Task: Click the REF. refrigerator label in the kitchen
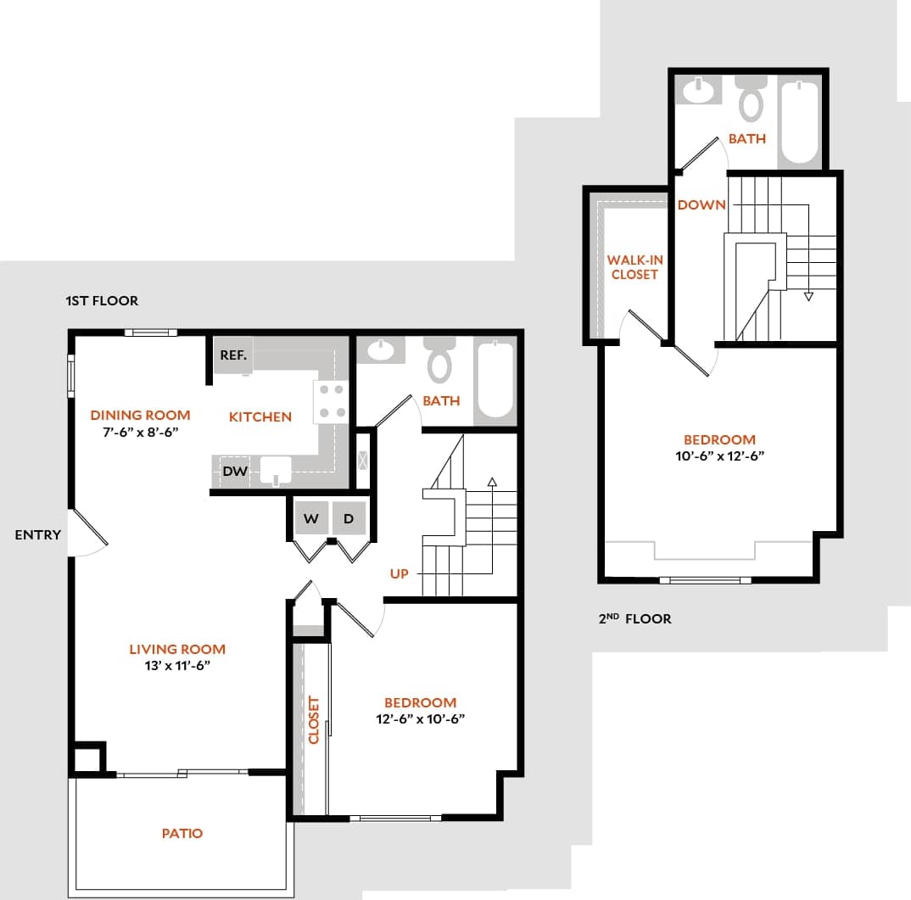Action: (x=233, y=355)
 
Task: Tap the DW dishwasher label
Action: (x=235, y=472)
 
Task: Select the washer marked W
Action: (x=311, y=519)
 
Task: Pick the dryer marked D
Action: (x=348, y=519)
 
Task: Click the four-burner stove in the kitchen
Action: (x=332, y=401)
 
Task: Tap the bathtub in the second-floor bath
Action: (x=799, y=120)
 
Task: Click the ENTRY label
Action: (x=38, y=535)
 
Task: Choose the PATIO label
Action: (x=182, y=834)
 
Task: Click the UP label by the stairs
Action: (x=400, y=574)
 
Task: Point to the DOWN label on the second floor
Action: (x=701, y=204)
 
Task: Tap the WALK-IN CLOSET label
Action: (x=634, y=267)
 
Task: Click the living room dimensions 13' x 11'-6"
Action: (x=177, y=666)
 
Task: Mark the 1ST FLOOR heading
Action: (x=102, y=301)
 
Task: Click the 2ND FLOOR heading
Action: (x=635, y=619)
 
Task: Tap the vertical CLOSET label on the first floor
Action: (x=314, y=720)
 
